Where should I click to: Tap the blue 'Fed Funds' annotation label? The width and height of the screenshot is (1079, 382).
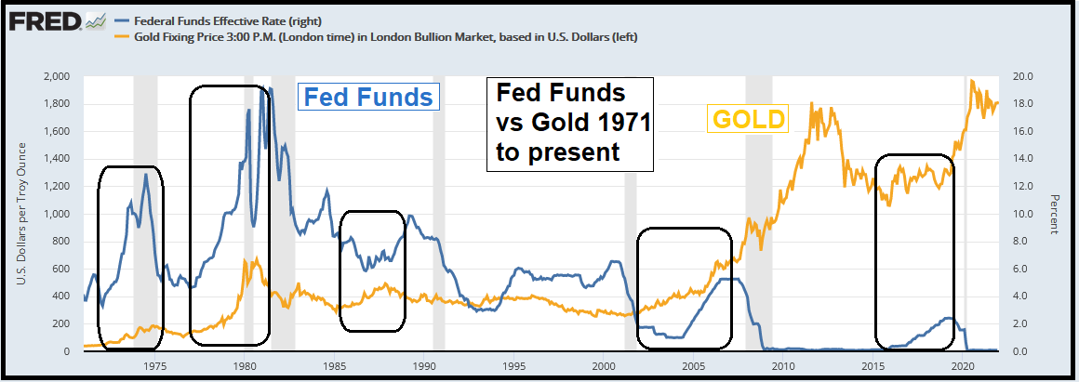coord(368,98)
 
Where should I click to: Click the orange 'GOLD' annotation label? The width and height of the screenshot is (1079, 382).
coord(749,119)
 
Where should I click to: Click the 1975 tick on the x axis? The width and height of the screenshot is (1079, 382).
coord(154,366)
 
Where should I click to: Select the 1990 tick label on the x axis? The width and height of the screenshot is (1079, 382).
coord(424,366)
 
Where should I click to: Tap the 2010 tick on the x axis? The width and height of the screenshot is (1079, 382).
coord(784,366)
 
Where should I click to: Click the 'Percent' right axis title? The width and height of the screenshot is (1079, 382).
coord(1055,215)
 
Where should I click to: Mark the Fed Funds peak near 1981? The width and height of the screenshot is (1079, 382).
coord(260,89)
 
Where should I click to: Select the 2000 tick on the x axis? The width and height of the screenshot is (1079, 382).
coord(604,366)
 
